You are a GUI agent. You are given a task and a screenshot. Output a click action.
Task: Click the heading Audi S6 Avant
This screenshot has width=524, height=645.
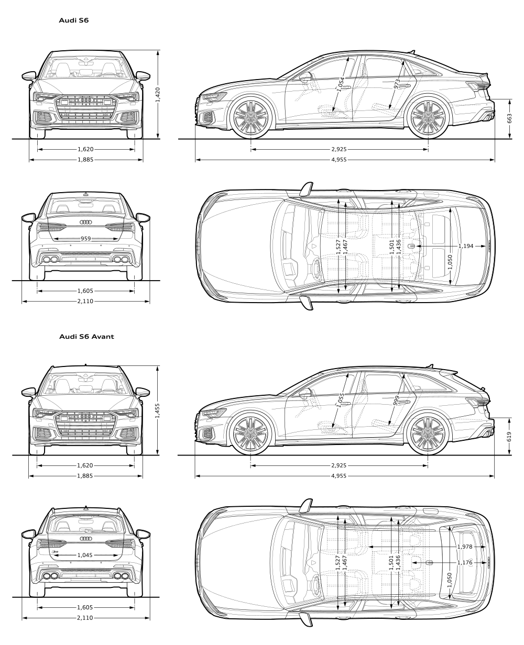86,337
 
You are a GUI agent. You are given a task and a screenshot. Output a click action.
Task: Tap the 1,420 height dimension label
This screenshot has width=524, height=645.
158,95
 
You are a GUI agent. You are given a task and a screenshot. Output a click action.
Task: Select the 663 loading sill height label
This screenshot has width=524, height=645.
509,118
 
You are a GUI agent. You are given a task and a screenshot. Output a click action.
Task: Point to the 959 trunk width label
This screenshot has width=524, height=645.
86,239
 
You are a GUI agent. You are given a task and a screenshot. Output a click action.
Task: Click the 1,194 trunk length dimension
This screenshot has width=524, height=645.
465,246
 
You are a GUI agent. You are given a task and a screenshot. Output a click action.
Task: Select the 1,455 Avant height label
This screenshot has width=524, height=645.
157,410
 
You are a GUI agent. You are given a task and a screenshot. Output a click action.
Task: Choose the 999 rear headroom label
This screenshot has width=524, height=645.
397,401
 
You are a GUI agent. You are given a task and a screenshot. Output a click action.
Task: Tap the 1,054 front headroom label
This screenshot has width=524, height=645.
341,84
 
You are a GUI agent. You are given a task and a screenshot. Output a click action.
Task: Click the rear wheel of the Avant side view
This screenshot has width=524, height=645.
428,433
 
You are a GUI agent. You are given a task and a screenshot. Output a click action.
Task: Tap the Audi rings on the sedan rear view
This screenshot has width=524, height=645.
86,223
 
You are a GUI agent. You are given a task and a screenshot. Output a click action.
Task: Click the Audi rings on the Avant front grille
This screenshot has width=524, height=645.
85,416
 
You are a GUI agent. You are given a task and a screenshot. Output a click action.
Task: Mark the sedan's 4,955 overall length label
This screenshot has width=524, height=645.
339,160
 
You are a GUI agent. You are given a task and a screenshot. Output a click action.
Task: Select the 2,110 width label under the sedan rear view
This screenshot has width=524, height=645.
85,302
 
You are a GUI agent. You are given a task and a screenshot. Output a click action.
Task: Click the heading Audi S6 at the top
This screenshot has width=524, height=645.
74,20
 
